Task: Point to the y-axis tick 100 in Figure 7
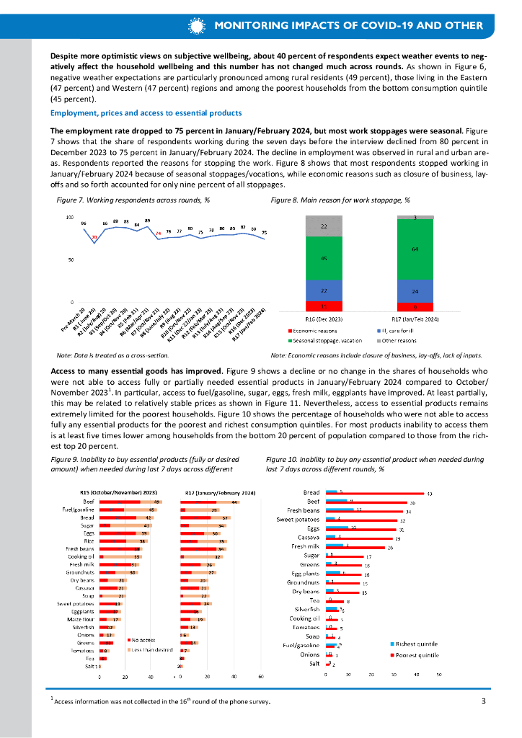[70, 217]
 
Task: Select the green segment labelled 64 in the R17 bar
[415, 249]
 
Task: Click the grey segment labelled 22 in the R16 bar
[323, 226]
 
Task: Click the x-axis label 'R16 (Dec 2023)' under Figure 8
[323, 319]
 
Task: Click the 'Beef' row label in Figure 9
[89, 501]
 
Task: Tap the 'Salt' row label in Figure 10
[314, 683]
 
